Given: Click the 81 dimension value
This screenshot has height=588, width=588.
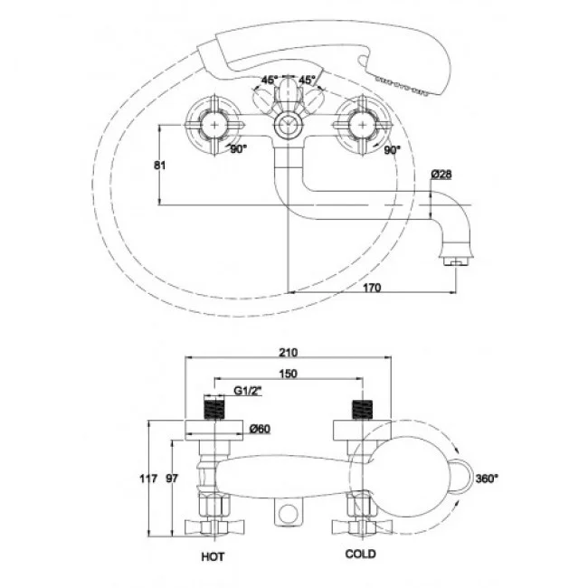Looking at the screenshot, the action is tap(160, 166).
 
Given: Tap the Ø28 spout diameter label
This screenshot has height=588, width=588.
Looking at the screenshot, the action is tap(441, 175).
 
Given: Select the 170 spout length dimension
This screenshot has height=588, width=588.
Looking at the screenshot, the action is tap(372, 288).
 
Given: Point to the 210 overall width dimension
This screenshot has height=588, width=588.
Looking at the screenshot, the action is tap(288, 353).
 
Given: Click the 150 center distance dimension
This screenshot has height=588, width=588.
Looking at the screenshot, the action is tap(288, 374).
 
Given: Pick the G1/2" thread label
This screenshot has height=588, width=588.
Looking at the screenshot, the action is tap(248, 391).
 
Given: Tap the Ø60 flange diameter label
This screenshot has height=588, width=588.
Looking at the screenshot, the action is tap(260, 429).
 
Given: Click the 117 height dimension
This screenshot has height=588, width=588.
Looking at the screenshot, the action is tap(148, 479).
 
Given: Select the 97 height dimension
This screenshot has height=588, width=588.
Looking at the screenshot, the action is tap(172, 479).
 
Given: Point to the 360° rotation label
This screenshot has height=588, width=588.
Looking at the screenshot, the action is tap(487, 479).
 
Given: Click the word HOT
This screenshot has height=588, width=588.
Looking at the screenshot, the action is tap(213, 557).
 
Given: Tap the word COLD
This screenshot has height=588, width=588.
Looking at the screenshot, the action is tap(360, 554).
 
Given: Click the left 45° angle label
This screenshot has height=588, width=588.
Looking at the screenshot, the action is tap(270, 80).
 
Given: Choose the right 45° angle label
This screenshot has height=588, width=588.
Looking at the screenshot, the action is tap(307, 80).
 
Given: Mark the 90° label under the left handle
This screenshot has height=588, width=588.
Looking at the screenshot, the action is tap(239, 149).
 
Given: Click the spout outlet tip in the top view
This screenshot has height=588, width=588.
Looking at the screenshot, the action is tap(456, 261).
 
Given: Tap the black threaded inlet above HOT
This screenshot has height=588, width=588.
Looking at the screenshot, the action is tap(213, 410).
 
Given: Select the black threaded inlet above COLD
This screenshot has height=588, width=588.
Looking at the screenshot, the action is tap(362, 410).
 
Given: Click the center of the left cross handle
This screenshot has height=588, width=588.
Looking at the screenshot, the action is tap(214, 125).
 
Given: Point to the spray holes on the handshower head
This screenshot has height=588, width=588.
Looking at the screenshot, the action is tap(402, 85).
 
